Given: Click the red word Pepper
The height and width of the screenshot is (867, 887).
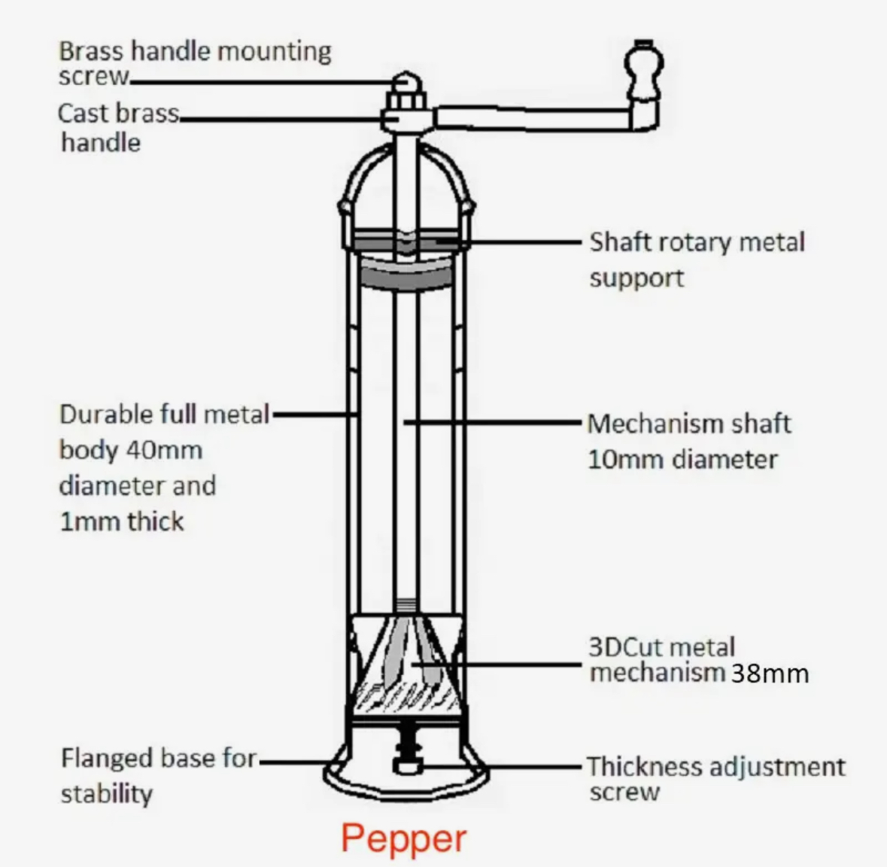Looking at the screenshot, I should click(x=404, y=838).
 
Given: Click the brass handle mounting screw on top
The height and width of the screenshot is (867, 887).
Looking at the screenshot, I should click(x=406, y=83).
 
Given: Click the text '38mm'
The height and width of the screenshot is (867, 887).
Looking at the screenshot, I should click(x=770, y=673).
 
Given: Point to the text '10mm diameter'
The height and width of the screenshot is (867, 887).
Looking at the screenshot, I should click(x=682, y=459).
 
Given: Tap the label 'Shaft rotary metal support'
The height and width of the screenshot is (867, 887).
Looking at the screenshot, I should click(x=697, y=259).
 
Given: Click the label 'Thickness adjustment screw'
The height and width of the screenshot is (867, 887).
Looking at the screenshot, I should click(x=715, y=778).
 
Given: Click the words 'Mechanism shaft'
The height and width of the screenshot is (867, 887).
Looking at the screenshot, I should click(x=688, y=424).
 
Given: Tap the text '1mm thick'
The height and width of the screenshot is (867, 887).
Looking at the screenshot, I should click(x=121, y=522).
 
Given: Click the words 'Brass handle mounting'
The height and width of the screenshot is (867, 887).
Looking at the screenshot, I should click(x=195, y=51).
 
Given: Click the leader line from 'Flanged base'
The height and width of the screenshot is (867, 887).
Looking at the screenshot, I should click(x=293, y=762).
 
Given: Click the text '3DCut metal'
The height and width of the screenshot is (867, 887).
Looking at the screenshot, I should click(x=661, y=647).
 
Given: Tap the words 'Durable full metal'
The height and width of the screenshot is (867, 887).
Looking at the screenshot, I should click(x=164, y=414).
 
